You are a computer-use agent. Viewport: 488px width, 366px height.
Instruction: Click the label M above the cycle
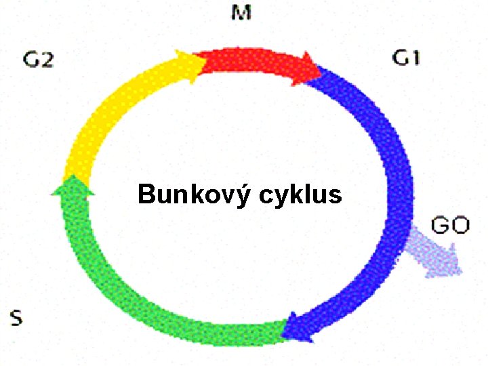click(241, 13)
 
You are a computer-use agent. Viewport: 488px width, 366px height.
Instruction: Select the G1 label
click(406, 58)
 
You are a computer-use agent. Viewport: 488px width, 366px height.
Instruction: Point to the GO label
click(450, 225)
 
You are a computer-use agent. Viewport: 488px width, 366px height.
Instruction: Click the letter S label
click(16, 317)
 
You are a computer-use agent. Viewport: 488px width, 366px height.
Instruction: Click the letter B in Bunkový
click(145, 195)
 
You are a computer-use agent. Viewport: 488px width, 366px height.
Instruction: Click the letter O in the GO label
click(460, 225)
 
